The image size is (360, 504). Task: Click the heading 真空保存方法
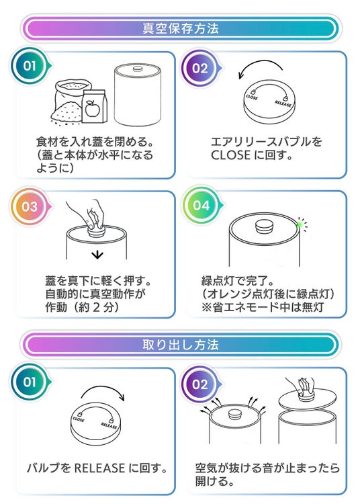(181, 29)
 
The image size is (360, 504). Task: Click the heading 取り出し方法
(181, 345)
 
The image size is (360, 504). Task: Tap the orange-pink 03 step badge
(30, 206)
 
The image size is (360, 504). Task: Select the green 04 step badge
(201, 205)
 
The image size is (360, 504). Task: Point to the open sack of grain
(68, 102)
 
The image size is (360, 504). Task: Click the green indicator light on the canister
(300, 224)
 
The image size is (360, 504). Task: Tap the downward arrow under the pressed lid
(97, 255)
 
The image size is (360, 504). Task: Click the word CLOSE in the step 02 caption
(230, 155)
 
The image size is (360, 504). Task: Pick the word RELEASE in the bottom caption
(99, 468)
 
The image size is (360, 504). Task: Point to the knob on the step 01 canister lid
(138, 69)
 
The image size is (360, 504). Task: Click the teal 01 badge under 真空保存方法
(30, 66)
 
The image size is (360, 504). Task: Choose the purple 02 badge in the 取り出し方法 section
(200, 384)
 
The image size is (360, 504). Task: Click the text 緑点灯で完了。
(238, 281)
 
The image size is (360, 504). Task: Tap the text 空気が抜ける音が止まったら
(267, 468)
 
